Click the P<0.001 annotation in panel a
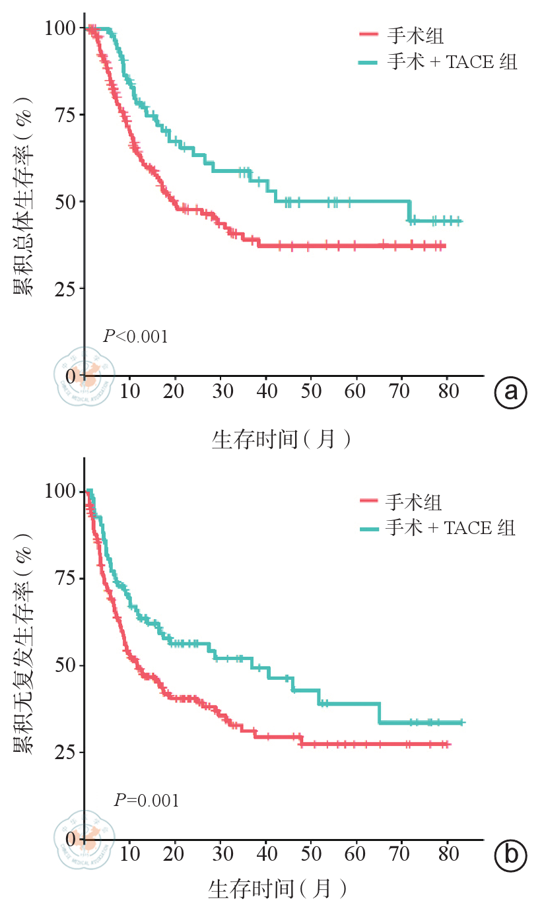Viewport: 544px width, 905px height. tap(135, 337)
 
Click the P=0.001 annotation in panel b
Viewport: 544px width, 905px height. tap(146, 801)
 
